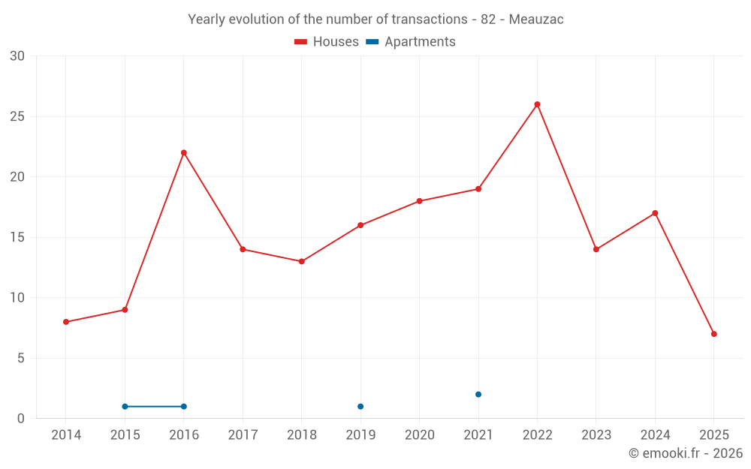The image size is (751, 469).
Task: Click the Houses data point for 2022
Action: (537, 104)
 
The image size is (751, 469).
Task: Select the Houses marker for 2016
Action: (184, 153)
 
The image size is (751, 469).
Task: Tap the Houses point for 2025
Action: (713, 334)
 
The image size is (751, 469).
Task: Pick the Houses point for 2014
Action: (66, 322)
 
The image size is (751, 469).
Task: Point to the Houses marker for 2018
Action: (302, 262)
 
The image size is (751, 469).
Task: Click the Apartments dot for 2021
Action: (478, 395)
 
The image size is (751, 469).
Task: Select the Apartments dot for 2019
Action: (360, 407)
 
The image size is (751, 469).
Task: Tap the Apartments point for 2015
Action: (125, 407)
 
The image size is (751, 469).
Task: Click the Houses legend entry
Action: (327, 42)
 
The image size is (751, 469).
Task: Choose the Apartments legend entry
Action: (411, 42)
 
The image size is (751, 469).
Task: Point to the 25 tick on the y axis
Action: (17, 116)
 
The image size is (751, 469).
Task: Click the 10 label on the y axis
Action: (17, 298)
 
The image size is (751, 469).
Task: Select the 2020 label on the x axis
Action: (420, 435)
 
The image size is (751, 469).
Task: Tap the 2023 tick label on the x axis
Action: (596, 435)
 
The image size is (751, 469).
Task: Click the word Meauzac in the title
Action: (536, 20)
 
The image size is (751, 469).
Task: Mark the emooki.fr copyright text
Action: (685, 453)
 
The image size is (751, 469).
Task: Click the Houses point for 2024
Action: (655, 213)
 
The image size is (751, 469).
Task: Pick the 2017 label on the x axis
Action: (243, 435)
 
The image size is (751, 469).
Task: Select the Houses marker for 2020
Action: (420, 201)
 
